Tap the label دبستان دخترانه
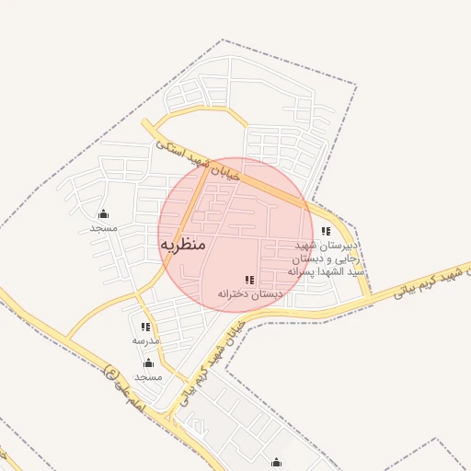point(249,293)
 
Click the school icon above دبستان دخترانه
point(249,280)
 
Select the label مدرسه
point(145,340)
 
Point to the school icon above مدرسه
point(145,327)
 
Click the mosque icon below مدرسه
point(148,363)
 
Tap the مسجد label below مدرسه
point(148,377)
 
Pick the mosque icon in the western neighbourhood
point(103,214)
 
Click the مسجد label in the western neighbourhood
point(103,227)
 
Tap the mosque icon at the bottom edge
point(276,462)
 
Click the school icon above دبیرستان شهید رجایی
point(326,232)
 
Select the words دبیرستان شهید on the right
point(325,247)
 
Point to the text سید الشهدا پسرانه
point(327,272)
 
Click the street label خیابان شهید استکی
point(198,159)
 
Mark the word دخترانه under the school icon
point(234,293)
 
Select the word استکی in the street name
point(171,147)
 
